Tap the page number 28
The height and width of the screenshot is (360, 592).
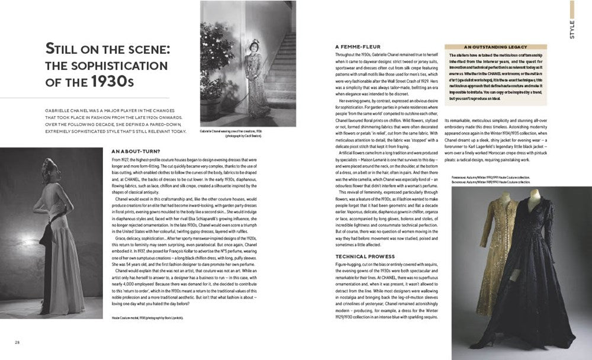(x=18, y=342)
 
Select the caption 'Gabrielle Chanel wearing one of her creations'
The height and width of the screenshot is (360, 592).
(x=243, y=132)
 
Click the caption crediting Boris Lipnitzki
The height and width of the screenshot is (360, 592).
(x=148, y=318)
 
